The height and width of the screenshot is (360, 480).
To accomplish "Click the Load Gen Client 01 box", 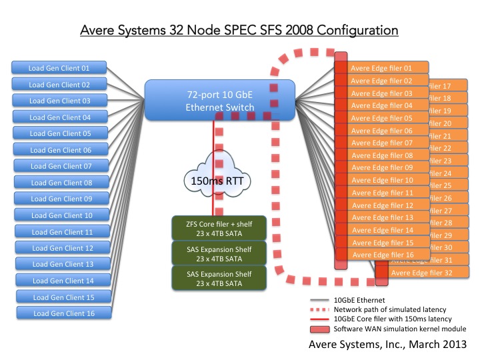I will (x=58, y=68).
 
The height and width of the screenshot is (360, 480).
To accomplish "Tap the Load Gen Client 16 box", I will (x=63, y=313).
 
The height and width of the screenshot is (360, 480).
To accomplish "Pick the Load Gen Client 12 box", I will (x=63, y=248).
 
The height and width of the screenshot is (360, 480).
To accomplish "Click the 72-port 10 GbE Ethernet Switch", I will (x=220, y=100).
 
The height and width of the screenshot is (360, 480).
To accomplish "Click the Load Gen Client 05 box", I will (x=60, y=133).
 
